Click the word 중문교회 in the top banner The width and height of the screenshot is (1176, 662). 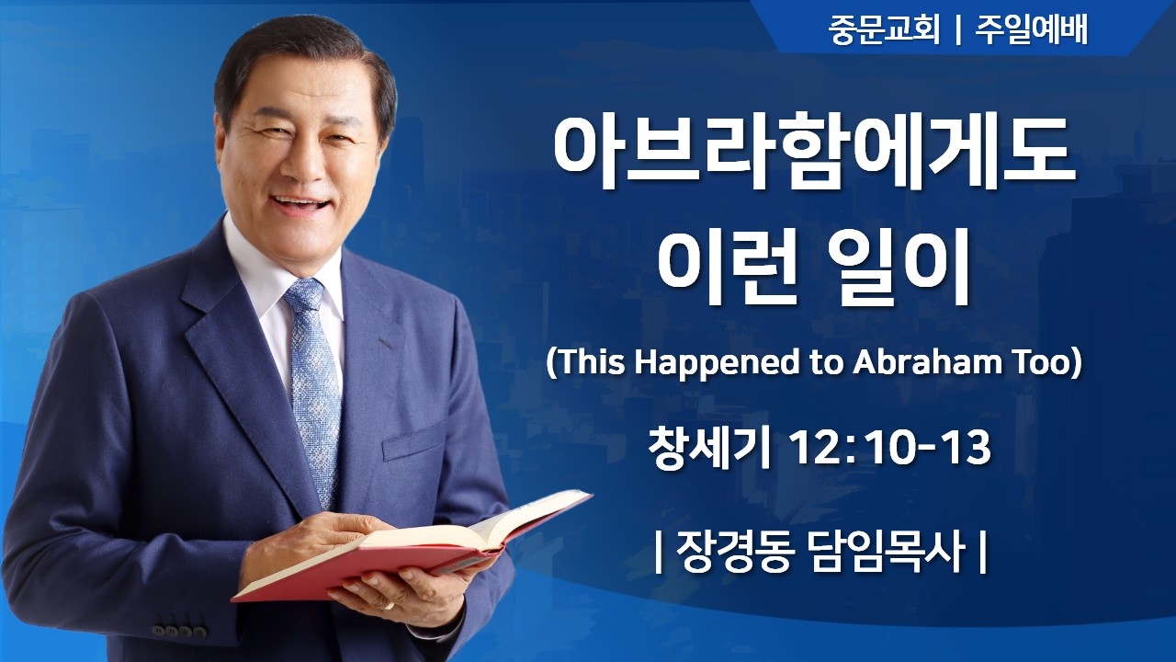coord(883,30)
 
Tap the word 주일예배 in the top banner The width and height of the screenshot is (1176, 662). coord(1033,30)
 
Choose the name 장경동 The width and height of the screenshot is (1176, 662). coord(732,554)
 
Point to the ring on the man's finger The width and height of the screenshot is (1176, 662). coord(389,606)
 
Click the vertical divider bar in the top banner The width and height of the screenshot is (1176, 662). coord(958,31)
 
